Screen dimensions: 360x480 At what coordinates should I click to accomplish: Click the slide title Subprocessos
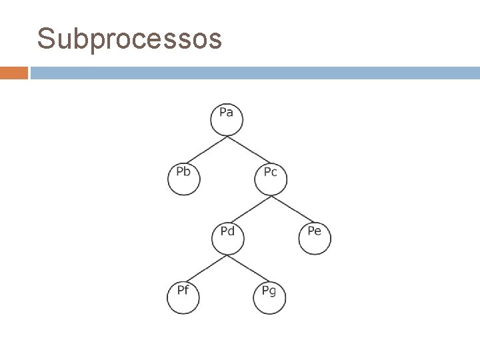tap(129, 39)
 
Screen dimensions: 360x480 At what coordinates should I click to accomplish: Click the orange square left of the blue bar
tap(14, 73)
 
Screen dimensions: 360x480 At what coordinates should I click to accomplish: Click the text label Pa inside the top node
tap(227, 112)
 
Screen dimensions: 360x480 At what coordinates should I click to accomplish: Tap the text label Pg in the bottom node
tap(269, 291)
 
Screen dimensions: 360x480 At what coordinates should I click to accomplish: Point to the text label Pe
tap(314, 231)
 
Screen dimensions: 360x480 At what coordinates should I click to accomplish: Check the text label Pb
tap(183, 172)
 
